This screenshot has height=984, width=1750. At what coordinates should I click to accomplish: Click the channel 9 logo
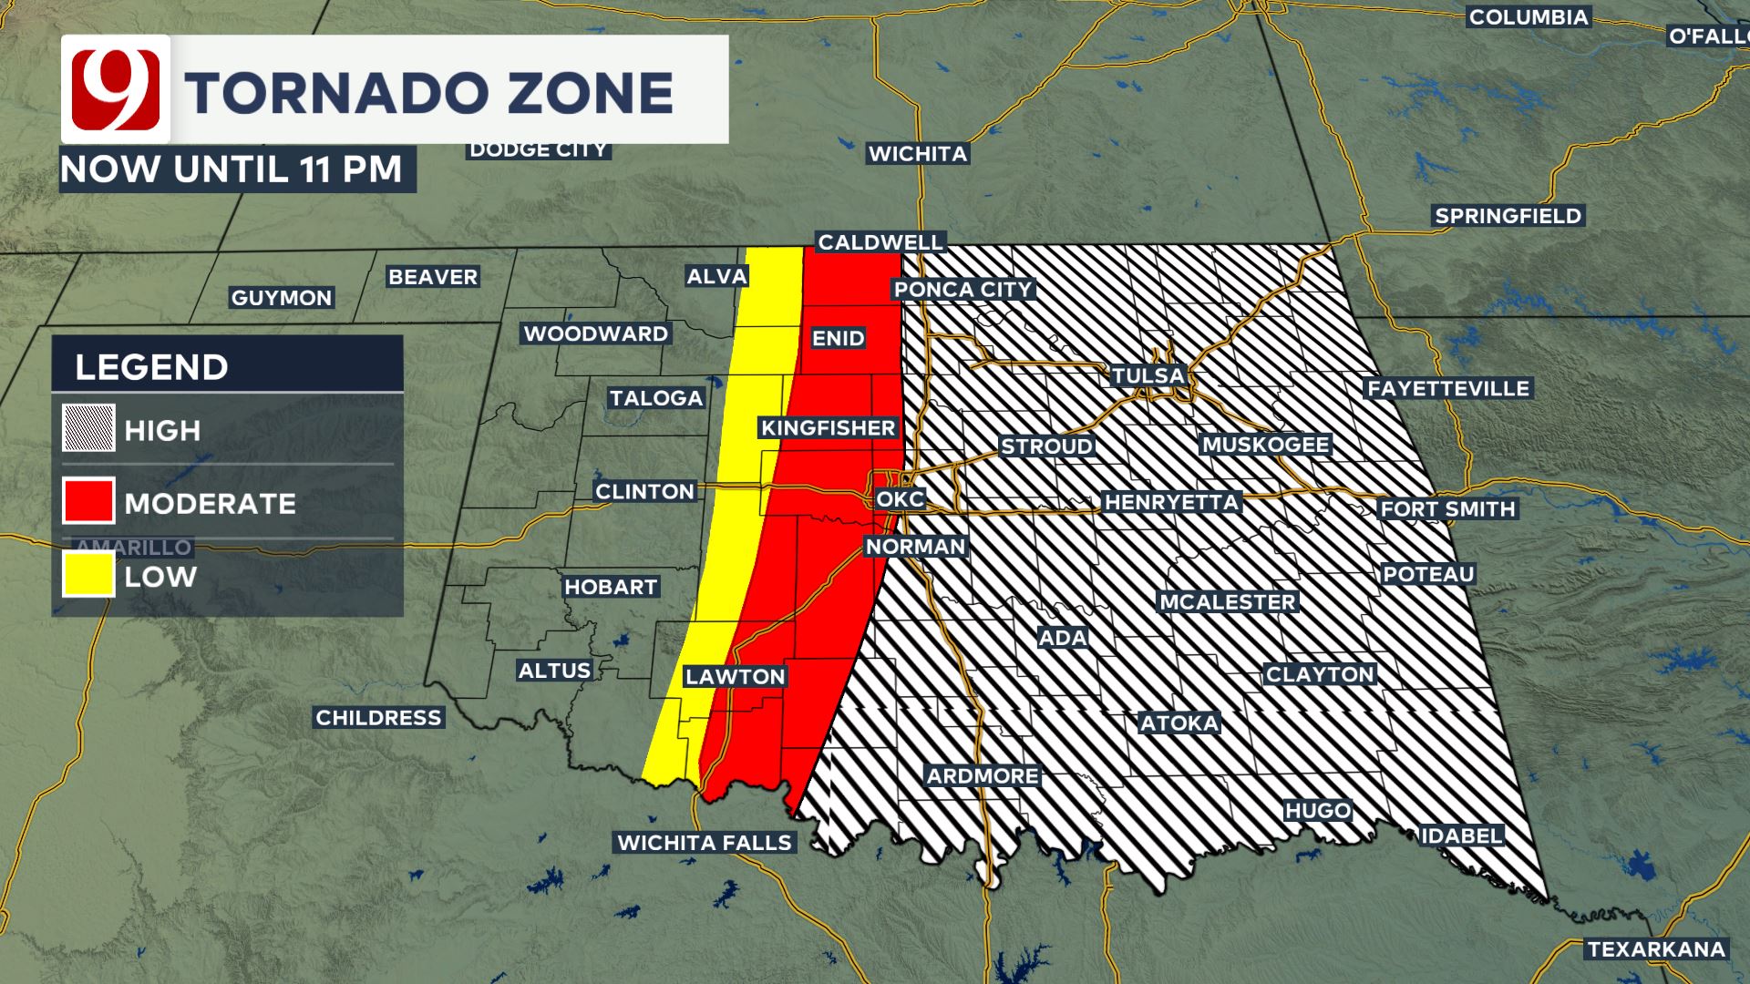[x=116, y=89]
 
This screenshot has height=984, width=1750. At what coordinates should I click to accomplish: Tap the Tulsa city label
[x=1148, y=375]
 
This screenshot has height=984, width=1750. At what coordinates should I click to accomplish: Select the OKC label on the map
[x=900, y=499]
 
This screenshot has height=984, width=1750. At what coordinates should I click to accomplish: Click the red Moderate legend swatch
[x=88, y=501]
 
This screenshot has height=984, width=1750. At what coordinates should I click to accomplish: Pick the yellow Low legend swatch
[x=88, y=574]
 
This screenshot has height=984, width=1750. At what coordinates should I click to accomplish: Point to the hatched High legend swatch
[x=88, y=428]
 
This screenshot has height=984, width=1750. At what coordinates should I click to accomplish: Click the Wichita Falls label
[x=705, y=842]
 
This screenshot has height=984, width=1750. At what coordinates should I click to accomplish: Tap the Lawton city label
[x=735, y=676]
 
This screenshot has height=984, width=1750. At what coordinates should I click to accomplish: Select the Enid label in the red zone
[x=838, y=338]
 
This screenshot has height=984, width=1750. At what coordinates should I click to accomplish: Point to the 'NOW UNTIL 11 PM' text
[x=232, y=169]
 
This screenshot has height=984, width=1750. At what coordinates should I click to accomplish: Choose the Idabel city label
[x=1460, y=835]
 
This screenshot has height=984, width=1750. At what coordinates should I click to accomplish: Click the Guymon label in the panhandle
[x=282, y=298]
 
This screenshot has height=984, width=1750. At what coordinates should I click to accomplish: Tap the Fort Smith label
[x=1447, y=508]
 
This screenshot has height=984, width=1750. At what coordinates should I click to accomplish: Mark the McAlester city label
[x=1227, y=602]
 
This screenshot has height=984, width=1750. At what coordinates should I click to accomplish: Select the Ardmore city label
[x=983, y=775]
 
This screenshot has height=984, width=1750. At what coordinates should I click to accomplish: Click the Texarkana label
[x=1656, y=949]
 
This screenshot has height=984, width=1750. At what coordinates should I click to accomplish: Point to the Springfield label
[x=1508, y=216]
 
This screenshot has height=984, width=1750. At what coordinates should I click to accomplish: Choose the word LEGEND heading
[x=151, y=367]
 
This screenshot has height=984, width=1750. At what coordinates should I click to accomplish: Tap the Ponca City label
[x=962, y=290]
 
